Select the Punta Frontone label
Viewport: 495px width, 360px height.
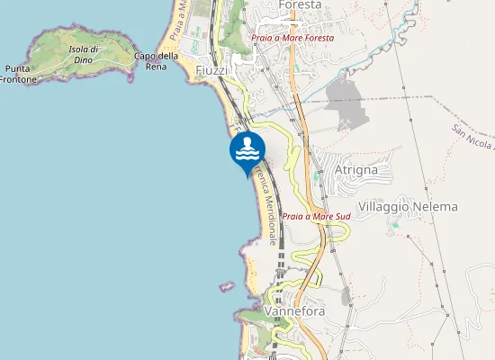pos(20,74)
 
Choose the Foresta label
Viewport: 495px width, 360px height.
pos(301,5)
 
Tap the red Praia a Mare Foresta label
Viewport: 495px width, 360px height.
pos(292,39)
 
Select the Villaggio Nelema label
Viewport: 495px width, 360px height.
pos(408,207)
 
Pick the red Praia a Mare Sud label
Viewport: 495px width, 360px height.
pos(315,217)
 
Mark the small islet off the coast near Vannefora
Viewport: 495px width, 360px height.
pos(225,286)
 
